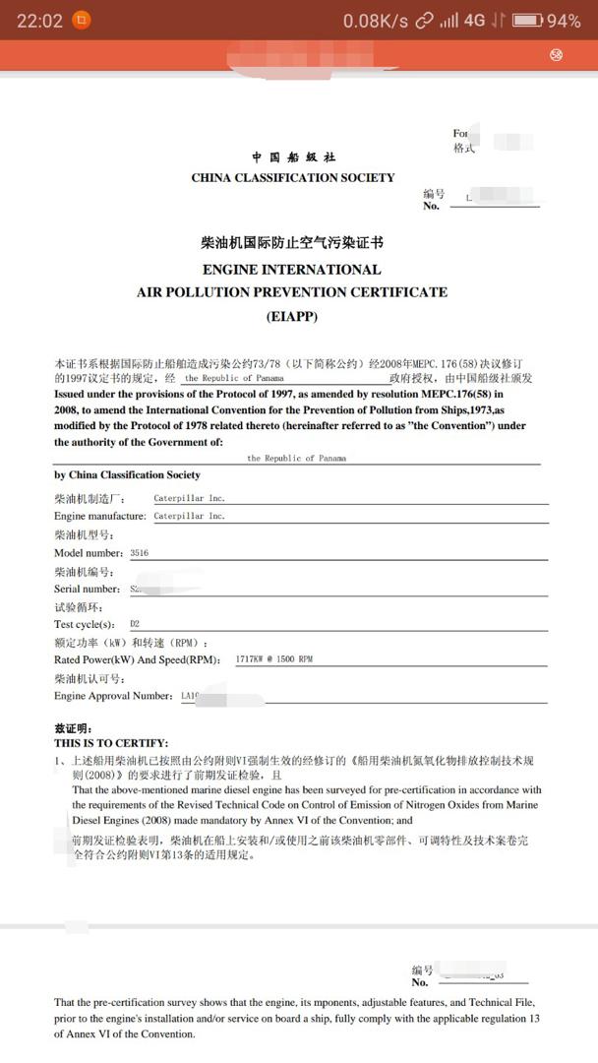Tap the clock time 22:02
pos(39,21)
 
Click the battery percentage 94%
pos(564,21)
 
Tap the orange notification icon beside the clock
pos(83,21)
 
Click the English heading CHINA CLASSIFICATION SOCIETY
pos(293,178)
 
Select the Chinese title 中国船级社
pos(293,157)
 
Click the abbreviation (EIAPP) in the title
pos(292,316)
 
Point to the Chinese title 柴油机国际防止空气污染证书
pos(292,243)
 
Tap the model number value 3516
pos(140,553)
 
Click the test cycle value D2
pos(135,624)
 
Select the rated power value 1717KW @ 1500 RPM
pos(274,659)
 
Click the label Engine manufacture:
pos(100,517)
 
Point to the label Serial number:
pos(88,589)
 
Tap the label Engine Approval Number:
pos(113,696)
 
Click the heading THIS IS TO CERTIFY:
pos(111,743)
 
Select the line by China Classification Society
pos(127,475)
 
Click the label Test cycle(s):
pos(85,624)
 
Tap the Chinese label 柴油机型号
pos(85,535)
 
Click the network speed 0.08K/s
pos(375,21)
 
